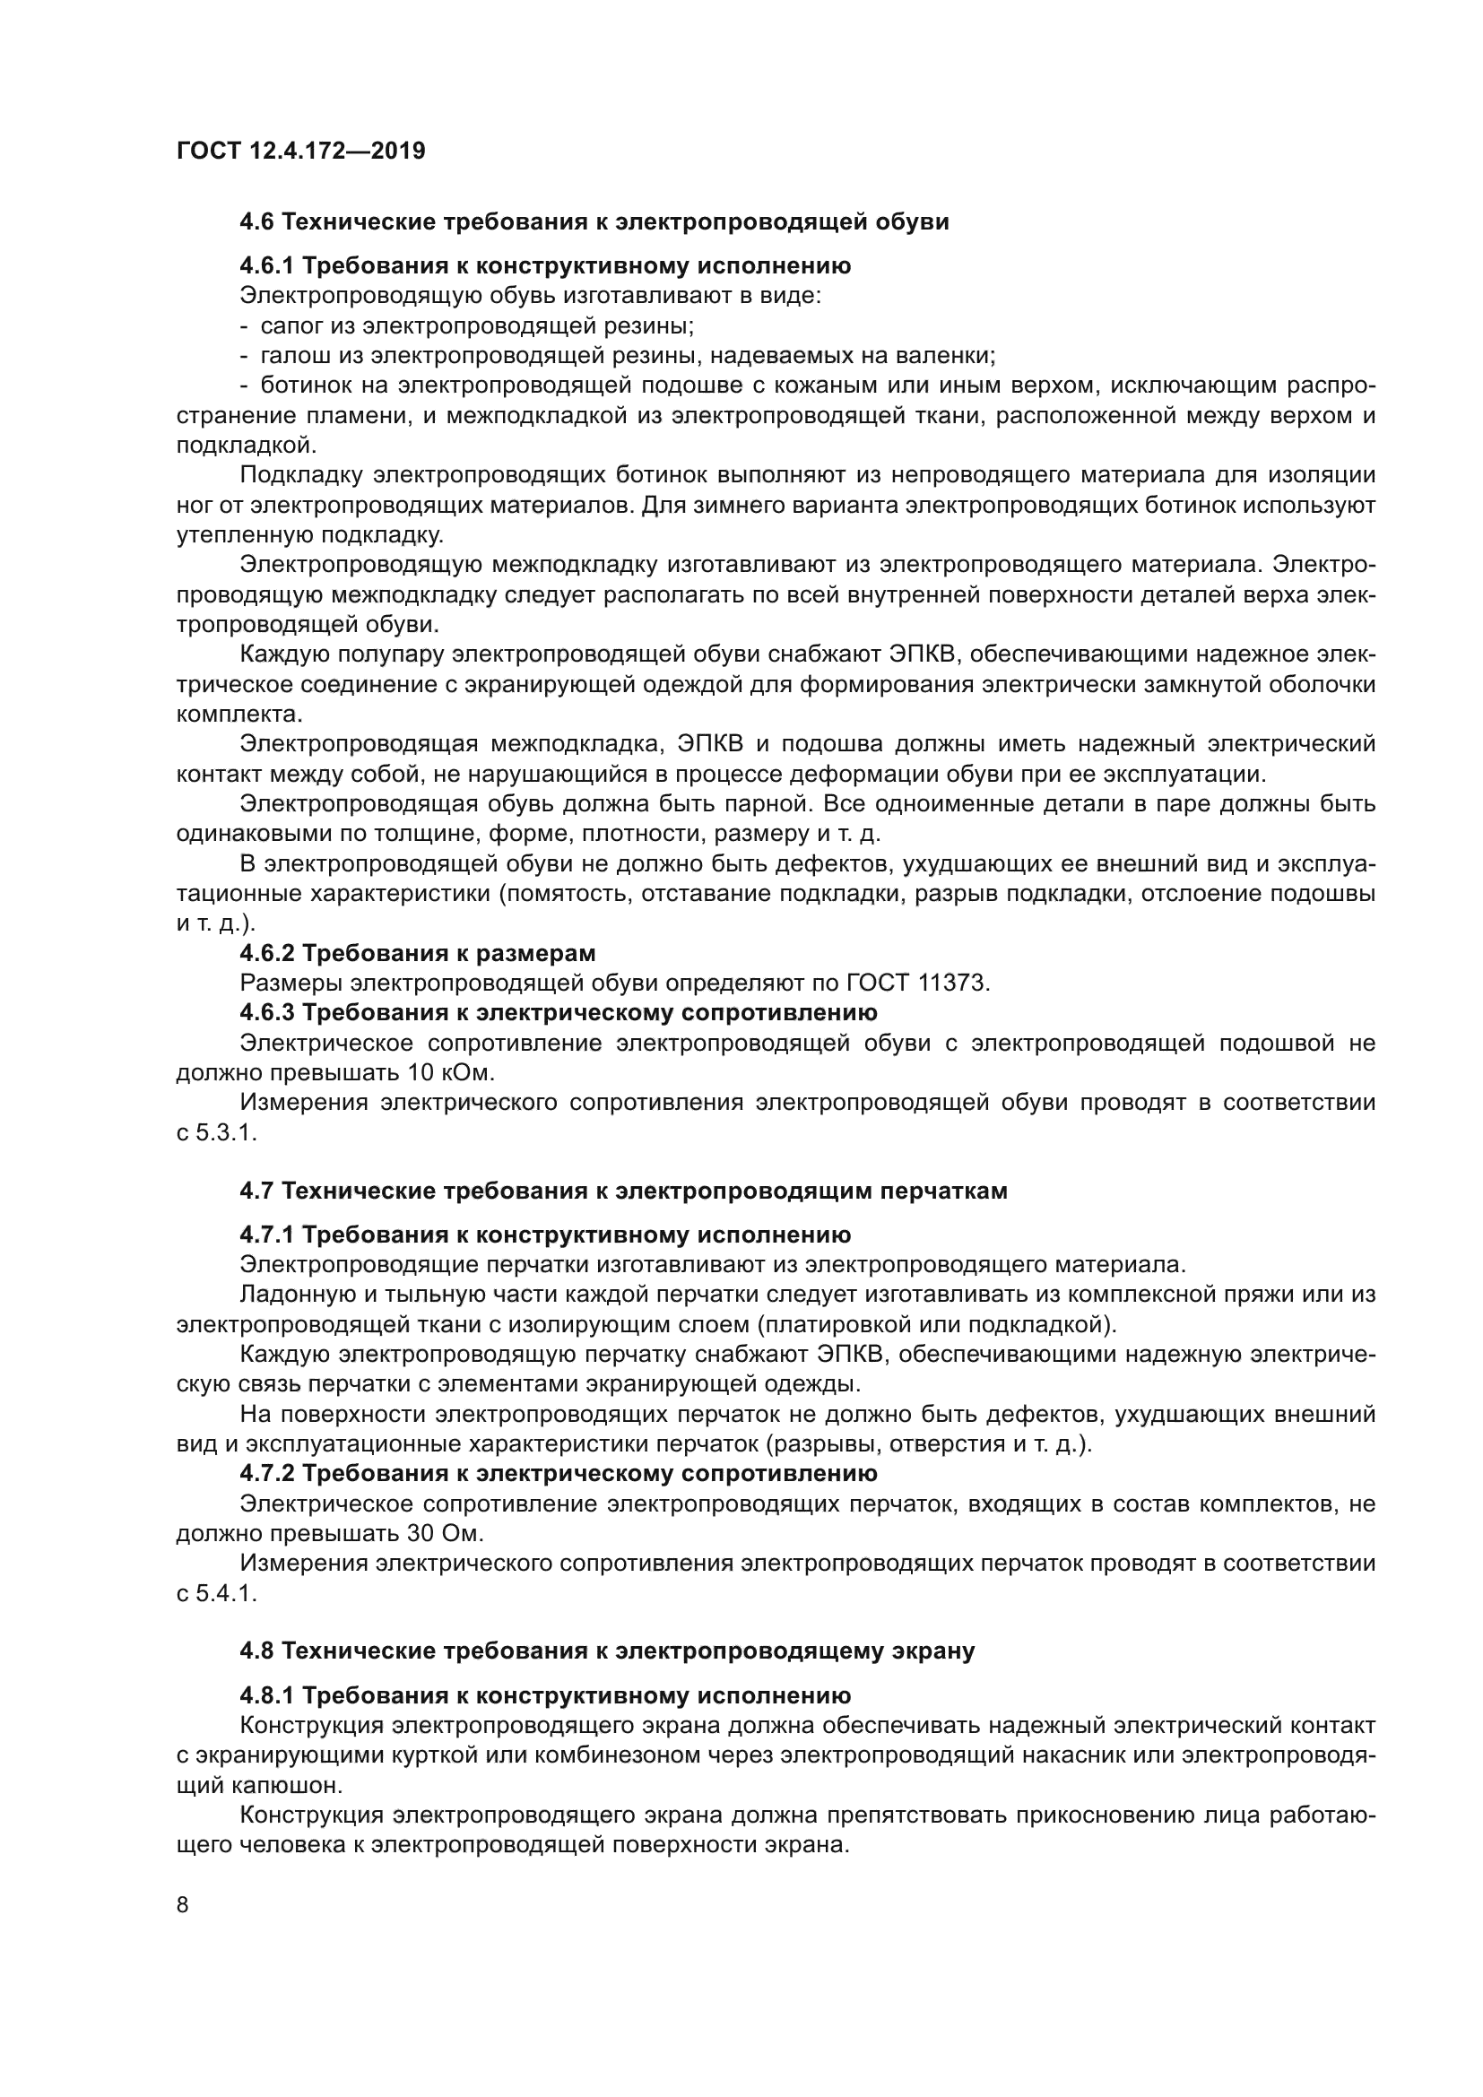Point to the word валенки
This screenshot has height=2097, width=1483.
(x=947, y=355)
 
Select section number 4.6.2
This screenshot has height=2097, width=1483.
(x=266, y=954)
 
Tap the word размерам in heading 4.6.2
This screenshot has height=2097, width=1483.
(x=542, y=954)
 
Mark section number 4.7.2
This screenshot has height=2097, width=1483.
(x=266, y=1473)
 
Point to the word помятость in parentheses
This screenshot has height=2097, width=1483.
(x=566, y=893)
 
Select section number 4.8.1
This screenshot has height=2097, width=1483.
(x=266, y=1696)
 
